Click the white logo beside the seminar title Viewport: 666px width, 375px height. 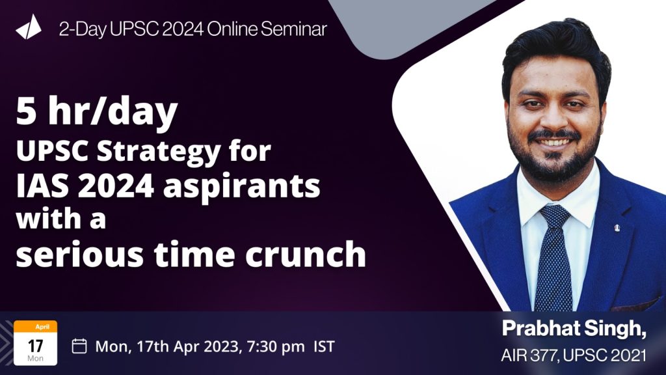pyautogui.click(x=29, y=27)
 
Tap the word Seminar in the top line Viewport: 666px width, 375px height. pyautogui.click(x=294, y=29)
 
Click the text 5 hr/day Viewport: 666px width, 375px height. pyautogui.click(x=96, y=112)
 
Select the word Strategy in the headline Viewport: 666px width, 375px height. pyautogui.click(x=159, y=151)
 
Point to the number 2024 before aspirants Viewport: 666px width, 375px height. pyautogui.click(x=116, y=186)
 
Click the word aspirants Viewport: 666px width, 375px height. pyautogui.click(x=242, y=187)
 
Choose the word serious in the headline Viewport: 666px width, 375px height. pyautogui.click(x=80, y=255)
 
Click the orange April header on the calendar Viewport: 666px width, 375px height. pyautogui.click(x=36, y=327)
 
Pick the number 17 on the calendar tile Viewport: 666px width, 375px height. pyautogui.click(x=36, y=346)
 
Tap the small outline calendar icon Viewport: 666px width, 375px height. pyautogui.click(x=79, y=346)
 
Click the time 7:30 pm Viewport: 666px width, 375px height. pyautogui.click(x=276, y=346)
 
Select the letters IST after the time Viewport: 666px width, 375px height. pyautogui.click(x=324, y=346)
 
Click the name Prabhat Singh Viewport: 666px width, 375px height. pyautogui.click(x=574, y=329)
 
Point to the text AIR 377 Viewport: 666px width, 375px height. pyautogui.click(x=529, y=355)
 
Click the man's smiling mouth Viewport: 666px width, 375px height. pyautogui.click(x=553, y=142)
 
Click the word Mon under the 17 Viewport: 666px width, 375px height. pyautogui.click(x=35, y=359)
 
